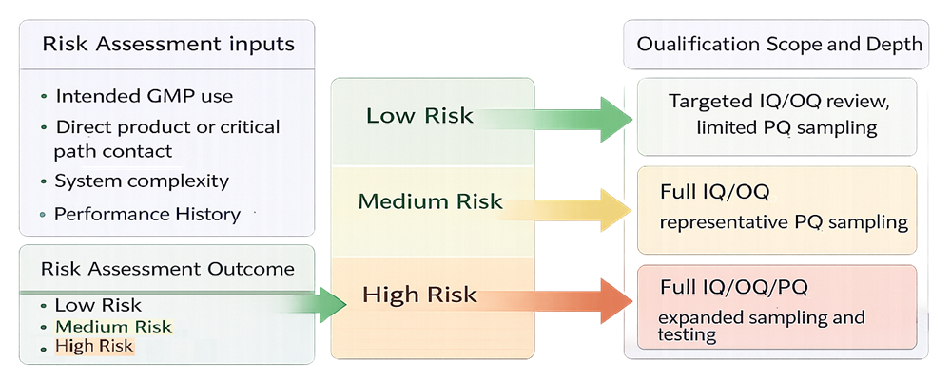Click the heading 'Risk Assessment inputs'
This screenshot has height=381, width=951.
(168, 45)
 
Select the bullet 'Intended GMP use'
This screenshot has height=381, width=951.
(144, 96)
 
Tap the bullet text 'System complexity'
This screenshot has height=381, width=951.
(142, 181)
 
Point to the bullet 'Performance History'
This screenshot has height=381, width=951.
(147, 214)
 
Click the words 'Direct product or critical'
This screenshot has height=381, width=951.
(167, 126)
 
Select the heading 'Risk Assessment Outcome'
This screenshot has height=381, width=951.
(167, 269)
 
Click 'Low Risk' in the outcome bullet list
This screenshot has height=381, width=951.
(98, 305)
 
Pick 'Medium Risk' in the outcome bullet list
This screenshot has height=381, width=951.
(113, 326)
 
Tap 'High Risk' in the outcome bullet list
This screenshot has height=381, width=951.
(94, 346)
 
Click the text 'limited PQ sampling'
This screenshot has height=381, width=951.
(786, 126)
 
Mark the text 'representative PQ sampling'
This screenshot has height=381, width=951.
(784, 223)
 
